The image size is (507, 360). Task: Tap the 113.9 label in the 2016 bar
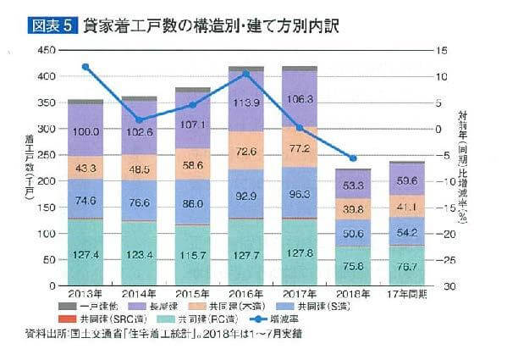click(x=245, y=103)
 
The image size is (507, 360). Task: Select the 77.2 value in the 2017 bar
click(x=299, y=148)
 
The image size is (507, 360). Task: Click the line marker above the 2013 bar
click(x=85, y=66)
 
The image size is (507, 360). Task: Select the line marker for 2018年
click(x=352, y=158)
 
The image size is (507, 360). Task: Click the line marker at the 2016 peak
click(x=245, y=74)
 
